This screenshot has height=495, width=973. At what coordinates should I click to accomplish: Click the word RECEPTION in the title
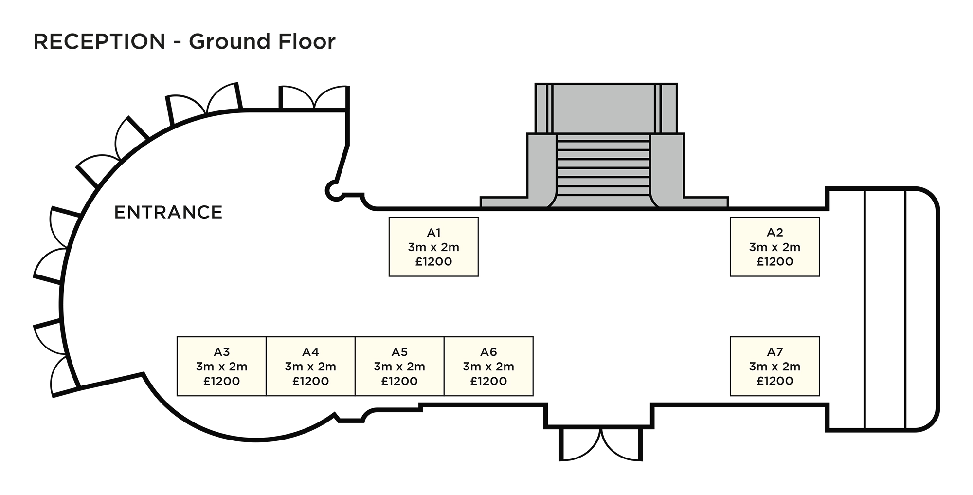click(x=99, y=42)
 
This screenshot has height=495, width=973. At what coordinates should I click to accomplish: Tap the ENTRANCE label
click(x=168, y=212)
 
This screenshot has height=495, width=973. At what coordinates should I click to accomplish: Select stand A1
click(x=433, y=247)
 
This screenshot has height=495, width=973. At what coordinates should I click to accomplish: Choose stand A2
click(x=775, y=247)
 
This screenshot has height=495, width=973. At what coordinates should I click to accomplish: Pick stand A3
click(x=221, y=366)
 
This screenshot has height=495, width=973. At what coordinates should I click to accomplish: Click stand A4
click(x=310, y=366)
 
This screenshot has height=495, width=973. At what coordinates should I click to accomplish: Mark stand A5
click(x=399, y=366)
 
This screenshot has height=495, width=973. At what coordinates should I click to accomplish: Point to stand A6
click(x=488, y=366)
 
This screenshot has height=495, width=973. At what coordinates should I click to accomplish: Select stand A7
click(x=775, y=366)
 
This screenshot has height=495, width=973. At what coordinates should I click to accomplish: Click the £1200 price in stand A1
click(x=433, y=262)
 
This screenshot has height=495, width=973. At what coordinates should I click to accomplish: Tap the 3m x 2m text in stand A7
click(x=775, y=367)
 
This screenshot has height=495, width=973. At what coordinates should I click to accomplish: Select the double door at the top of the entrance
click(x=314, y=98)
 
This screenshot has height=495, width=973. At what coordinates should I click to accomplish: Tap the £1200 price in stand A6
click(x=488, y=381)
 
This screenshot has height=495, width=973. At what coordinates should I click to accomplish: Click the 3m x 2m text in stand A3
click(x=221, y=367)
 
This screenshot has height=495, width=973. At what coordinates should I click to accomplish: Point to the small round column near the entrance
click(x=334, y=190)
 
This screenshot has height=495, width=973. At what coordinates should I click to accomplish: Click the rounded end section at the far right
click(x=919, y=309)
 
